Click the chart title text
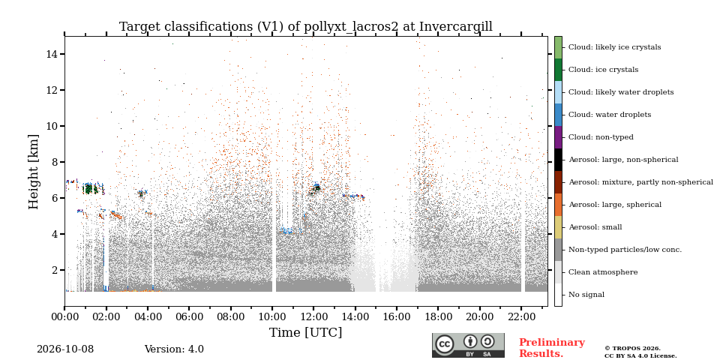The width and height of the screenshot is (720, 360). click(x=306, y=27)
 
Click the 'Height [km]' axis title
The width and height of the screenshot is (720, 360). click(x=34, y=172)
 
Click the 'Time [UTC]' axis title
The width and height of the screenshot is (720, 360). click(x=306, y=332)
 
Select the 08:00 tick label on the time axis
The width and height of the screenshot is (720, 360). click(x=230, y=316)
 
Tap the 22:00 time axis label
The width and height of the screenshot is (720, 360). click(x=521, y=316)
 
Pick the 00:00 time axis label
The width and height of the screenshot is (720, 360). click(x=64, y=316)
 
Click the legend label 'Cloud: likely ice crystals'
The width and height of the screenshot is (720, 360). click(x=615, y=46)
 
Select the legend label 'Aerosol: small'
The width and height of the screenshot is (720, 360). click(x=595, y=226)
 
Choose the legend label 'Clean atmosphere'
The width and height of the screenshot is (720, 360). click(x=603, y=271)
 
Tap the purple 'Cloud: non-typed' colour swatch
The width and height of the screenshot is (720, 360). click(x=558, y=137)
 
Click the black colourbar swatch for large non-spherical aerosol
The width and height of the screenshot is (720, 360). click(x=558, y=160)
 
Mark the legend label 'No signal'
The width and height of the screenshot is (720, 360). click(x=586, y=294)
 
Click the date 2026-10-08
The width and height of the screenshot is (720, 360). click(x=65, y=349)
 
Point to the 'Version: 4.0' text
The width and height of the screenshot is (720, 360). click(x=174, y=349)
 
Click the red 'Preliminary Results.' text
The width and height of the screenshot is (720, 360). click(x=552, y=348)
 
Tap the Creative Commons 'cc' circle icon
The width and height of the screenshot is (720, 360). click(x=445, y=344)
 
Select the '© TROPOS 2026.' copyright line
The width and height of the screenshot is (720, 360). click(x=632, y=349)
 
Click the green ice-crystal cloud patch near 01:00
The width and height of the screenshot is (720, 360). click(x=91, y=189)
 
